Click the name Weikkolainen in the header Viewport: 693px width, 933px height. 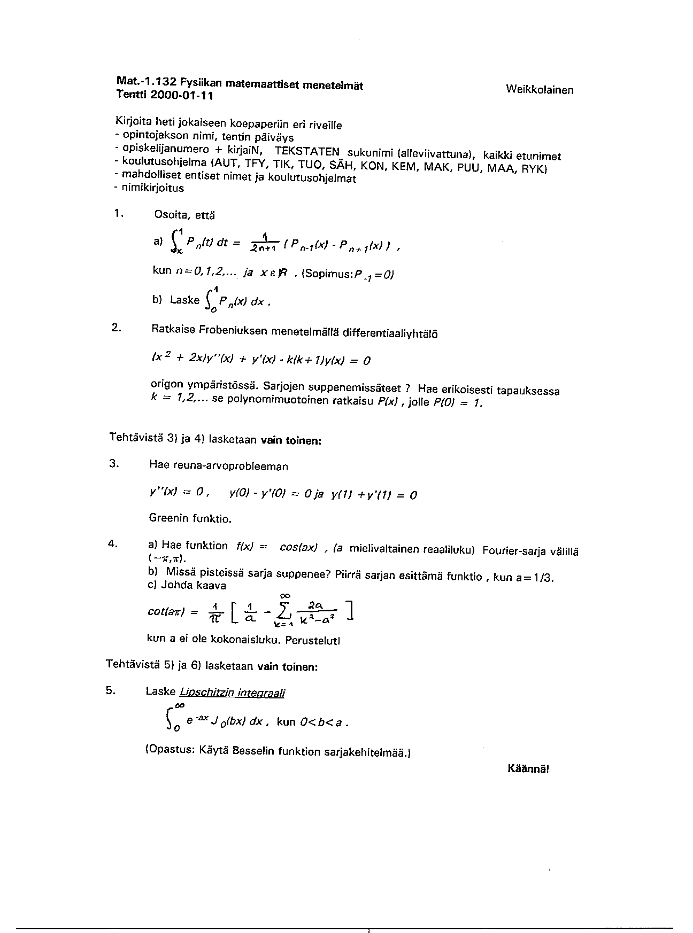tap(539, 90)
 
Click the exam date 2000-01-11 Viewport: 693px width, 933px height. tap(182, 96)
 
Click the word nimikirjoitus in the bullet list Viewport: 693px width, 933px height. tap(153, 188)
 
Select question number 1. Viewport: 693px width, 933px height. tap(118, 213)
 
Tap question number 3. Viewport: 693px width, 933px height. tap(114, 463)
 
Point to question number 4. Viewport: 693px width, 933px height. tap(113, 543)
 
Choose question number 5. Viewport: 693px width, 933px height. tap(111, 690)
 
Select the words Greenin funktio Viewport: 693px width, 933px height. tap(190, 518)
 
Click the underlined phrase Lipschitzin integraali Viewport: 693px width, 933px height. tap(232, 693)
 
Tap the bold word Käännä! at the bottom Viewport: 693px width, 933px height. tap(528, 768)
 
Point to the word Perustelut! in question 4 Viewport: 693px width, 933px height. tap(315, 640)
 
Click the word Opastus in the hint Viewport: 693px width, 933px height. tap(172, 750)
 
